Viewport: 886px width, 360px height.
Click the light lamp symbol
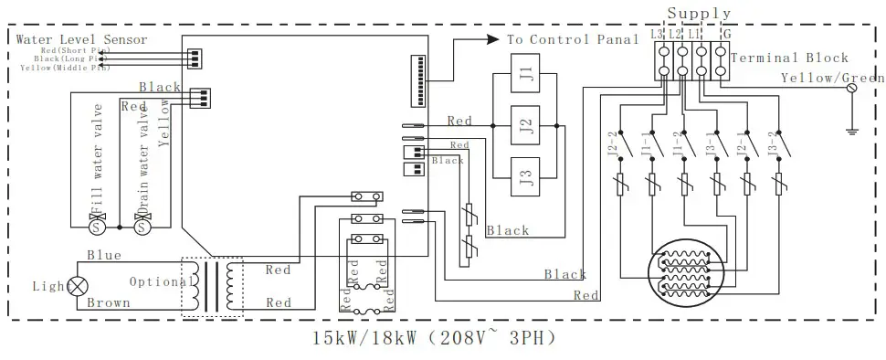pyautogui.click(x=79, y=286)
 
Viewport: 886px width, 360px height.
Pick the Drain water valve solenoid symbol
pyautogui.click(x=142, y=224)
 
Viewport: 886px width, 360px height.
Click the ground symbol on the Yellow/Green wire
pyautogui.click(x=851, y=130)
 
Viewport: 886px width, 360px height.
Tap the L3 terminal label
pyautogui.click(x=657, y=34)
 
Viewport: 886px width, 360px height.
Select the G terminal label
pyautogui.click(x=725, y=34)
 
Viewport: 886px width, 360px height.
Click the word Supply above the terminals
pyautogui.click(x=699, y=13)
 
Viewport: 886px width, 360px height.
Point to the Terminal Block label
pyautogui.click(x=790, y=58)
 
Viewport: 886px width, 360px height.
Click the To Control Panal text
pyautogui.click(x=573, y=40)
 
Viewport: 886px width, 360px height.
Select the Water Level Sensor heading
pyautogui.click(x=82, y=39)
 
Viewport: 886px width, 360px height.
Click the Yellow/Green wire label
pyautogui.click(x=831, y=79)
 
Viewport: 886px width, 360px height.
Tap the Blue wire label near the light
pyautogui.click(x=104, y=256)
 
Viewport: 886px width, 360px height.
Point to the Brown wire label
pyautogui.click(x=109, y=302)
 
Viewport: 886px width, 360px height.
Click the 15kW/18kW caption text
pyautogui.click(x=433, y=337)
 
